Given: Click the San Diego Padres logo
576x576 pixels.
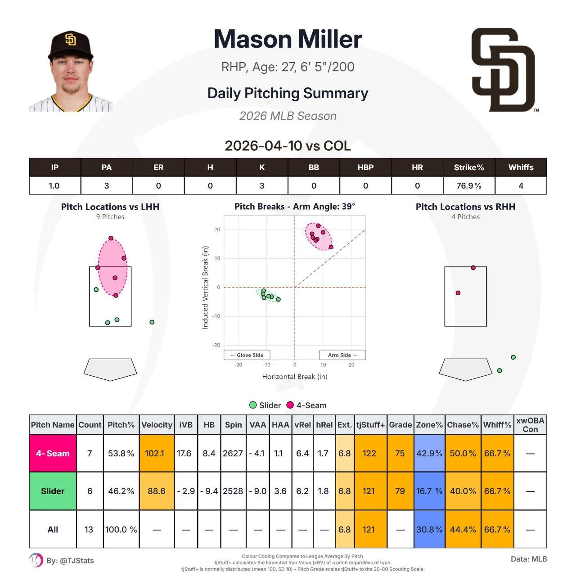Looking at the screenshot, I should pyautogui.click(x=503, y=70).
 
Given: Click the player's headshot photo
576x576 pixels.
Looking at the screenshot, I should pyautogui.click(x=71, y=71).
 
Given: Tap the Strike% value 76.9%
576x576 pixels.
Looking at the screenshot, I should pyautogui.click(x=469, y=185).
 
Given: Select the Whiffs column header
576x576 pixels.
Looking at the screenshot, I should pyautogui.click(x=521, y=167).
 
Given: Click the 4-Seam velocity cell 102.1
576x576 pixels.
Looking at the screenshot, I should pyautogui.click(x=157, y=453).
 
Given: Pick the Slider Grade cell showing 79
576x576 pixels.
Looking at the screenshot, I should pyautogui.click(x=400, y=491).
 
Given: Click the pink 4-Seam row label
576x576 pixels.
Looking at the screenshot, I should pyautogui.click(x=53, y=453).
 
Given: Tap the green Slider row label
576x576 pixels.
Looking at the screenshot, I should pyautogui.click(x=53, y=491).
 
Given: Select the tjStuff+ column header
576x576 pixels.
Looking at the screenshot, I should pyautogui.click(x=370, y=425).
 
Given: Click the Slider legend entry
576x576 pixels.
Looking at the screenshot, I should pyautogui.click(x=265, y=405).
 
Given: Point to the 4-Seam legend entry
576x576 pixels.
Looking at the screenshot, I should pyautogui.click(x=306, y=405).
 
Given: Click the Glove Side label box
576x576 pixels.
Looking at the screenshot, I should pyautogui.click(x=247, y=355).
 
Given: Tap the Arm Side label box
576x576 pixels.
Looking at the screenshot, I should pyautogui.click(x=342, y=355).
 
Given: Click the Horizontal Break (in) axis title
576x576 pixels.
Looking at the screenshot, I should pyautogui.click(x=294, y=377).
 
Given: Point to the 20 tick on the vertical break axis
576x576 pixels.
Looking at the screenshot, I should pyautogui.click(x=217, y=229).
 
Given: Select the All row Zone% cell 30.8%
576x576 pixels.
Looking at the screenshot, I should pyautogui.click(x=429, y=530).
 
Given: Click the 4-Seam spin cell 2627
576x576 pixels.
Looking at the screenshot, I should pyautogui.click(x=233, y=453).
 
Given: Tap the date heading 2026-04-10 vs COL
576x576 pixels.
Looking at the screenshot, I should pyautogui.click(x=288, y=146).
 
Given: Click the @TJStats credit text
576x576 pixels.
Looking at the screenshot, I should pyautogui.click(x=70, y=561).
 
